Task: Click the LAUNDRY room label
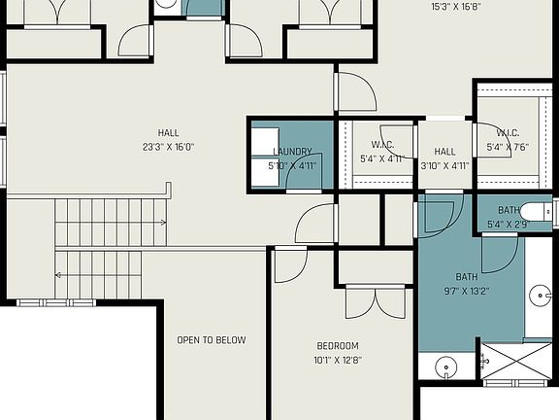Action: pos(292,151)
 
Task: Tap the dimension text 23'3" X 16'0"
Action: pos(168,148)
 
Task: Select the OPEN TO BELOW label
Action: pos(211,340)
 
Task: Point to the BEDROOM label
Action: pos(338,346)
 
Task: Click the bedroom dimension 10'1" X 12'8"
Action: pos(338,361)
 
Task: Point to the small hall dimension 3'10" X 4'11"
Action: pos(444,165)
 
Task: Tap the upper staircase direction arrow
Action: pos(160,223)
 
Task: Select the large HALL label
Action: pos(168,133)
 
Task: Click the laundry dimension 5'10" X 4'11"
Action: pos(292,165)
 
